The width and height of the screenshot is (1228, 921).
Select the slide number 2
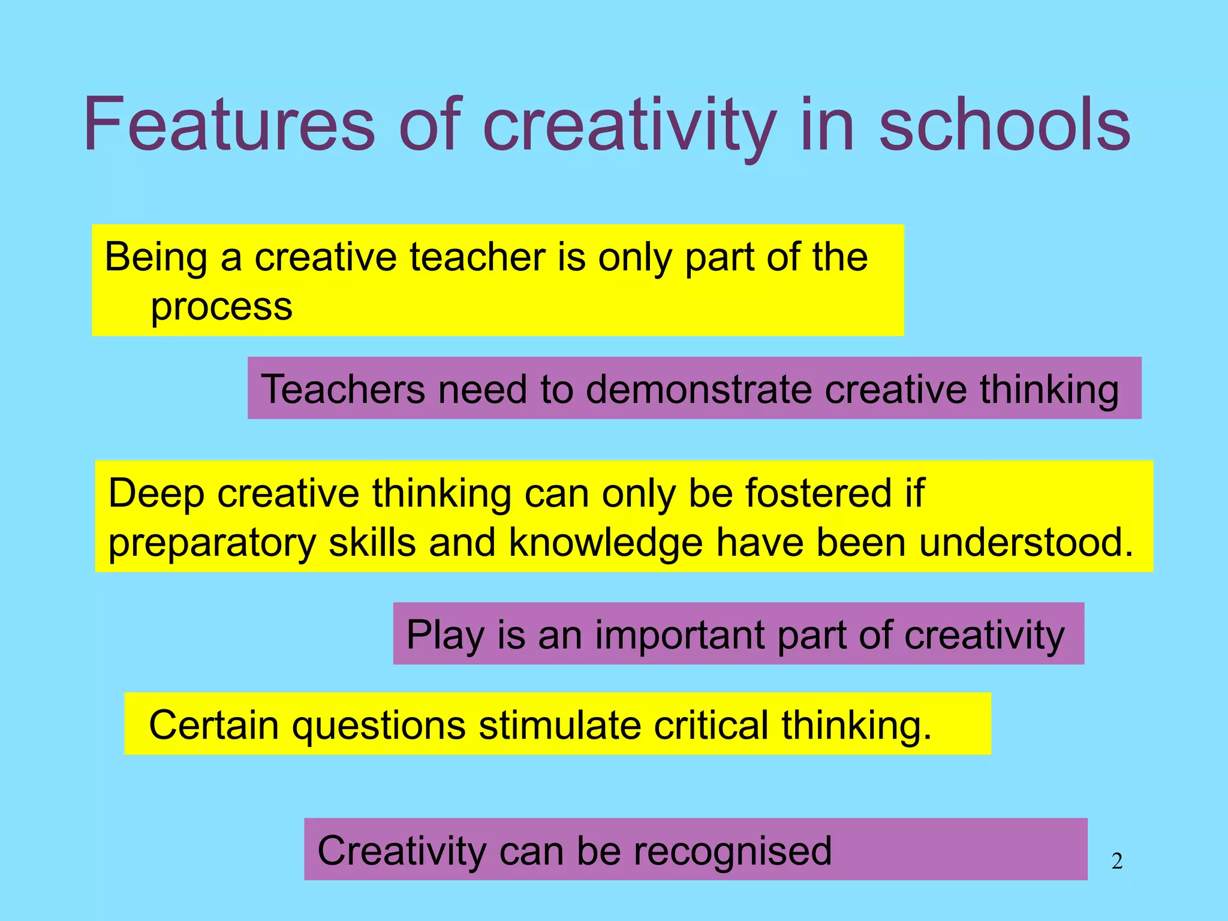(1116, 861)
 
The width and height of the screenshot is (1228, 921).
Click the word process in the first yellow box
(221, 308)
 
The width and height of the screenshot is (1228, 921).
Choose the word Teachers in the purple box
(343, 390)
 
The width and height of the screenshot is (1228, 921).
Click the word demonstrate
(698, 390)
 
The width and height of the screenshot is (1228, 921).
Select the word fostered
(818, 494)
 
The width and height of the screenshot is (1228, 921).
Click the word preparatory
(212, 543)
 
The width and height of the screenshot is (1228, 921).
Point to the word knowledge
(606, 543)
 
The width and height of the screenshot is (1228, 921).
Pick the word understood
(1026, 543)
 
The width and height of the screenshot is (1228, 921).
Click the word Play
(445, 636)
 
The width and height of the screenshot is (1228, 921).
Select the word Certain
(213, 726)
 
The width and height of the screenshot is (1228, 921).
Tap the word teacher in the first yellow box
(477, 258)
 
